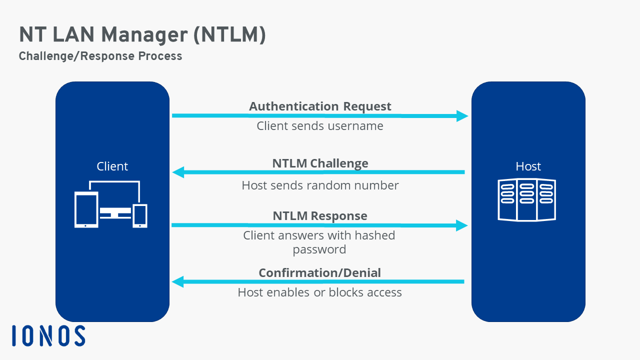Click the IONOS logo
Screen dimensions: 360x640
[48, 335]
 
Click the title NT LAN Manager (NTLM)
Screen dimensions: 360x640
[142, 35]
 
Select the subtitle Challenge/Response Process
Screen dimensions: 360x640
[100, 56]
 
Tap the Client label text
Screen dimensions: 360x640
[112, 166]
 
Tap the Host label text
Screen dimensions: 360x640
[528, 166]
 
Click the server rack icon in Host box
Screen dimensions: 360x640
[527, 199]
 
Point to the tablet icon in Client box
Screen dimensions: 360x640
[86, 209]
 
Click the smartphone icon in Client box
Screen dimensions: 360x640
[140, 215]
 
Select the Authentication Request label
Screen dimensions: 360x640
[320, 106]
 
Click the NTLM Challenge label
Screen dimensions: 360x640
[320, 163]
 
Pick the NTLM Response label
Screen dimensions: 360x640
[320, 216]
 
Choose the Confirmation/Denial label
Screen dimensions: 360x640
[319, 273]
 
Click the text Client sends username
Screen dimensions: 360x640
[320, 126]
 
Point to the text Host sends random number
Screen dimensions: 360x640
[320, 185]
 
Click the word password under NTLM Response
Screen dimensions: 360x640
[319, 249]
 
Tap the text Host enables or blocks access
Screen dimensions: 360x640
[319, 292]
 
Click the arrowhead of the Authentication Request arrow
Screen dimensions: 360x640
[462, 116]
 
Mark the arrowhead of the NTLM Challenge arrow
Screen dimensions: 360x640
[178, 172]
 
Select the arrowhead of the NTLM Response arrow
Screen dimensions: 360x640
[462, 225]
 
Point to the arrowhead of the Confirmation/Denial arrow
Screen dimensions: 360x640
[178, 282]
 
